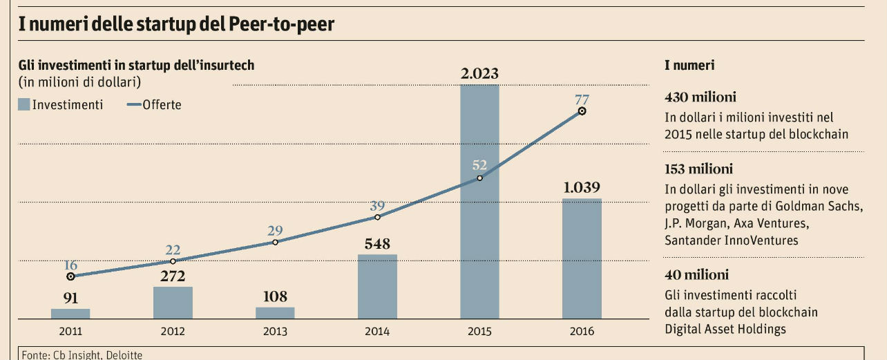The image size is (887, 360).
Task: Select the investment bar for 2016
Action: pos(582,258)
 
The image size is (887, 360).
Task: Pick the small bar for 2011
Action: pos(70,313)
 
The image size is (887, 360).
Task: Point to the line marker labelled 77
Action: pos(582,111)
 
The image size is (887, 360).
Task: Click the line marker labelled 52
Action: pos(479,178)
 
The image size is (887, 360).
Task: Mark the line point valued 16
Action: pos(70,276)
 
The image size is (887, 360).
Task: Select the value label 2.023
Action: pos(479,74)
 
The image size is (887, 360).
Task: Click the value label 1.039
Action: pos(581,188)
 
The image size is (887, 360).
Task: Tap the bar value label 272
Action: pos(173,276)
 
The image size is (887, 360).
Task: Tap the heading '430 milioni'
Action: pos(700,97)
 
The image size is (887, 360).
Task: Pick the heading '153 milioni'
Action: pos(698,169)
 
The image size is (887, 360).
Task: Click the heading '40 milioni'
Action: pos(695,274)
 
